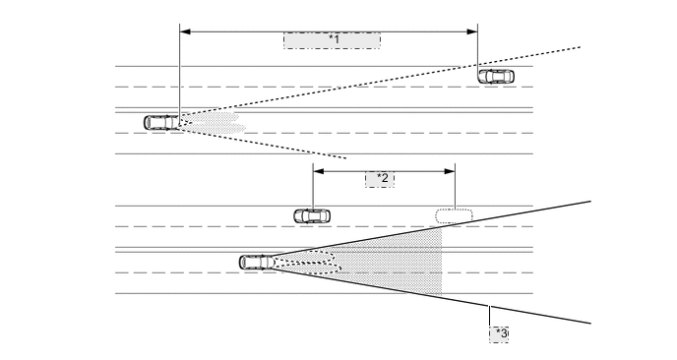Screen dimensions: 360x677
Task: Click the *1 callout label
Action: point(332,40)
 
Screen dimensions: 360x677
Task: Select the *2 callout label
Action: point(380,179)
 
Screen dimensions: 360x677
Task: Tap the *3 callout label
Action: point(500,333)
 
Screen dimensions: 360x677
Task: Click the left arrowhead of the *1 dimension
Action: point(183,30)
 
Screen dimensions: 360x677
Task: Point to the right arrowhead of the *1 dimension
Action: point(473,30)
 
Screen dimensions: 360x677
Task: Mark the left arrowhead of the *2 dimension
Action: point(315,169)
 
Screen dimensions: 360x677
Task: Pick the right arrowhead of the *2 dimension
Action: point(451,169)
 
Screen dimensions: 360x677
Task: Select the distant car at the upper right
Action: point(495,76)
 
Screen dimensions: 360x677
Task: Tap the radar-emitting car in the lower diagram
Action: point(257,262)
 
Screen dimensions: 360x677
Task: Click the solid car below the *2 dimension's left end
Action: point(312,215)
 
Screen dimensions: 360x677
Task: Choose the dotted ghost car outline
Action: point(454,215)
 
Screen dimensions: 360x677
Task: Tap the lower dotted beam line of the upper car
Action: point(276,140)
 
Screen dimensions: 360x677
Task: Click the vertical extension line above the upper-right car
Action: point(477,49)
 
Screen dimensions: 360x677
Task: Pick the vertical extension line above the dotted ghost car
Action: point(455,187)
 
